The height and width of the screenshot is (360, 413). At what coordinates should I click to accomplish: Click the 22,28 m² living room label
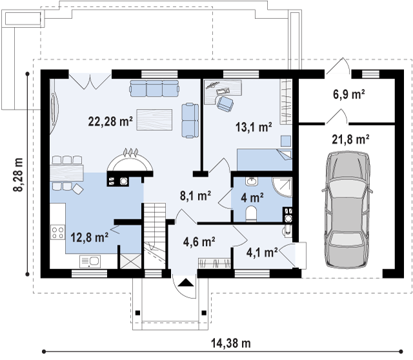(110, 121)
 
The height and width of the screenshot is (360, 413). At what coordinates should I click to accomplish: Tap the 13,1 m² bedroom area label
(254, 127)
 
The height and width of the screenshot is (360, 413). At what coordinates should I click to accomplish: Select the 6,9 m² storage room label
(349, 94)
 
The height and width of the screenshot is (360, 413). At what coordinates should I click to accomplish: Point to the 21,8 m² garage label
(350, 139)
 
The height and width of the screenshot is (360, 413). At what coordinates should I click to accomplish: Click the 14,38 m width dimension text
(231, 343)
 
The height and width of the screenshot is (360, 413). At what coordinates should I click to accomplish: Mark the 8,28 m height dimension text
(18, 175)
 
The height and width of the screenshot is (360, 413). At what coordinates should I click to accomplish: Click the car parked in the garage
(347, 210)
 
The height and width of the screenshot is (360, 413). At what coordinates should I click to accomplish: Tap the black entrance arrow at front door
(186, 283)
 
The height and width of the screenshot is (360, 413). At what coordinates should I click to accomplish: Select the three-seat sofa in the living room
(154, 88)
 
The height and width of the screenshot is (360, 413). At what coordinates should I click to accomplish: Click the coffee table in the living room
(154, 120)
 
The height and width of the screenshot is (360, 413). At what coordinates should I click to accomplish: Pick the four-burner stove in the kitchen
(57, 232)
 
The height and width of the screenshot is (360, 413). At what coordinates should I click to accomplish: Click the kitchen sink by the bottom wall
(90, 261)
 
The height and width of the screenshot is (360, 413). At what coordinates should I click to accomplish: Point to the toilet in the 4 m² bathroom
(251, 214)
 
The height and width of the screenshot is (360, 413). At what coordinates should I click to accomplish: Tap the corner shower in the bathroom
(282, 187)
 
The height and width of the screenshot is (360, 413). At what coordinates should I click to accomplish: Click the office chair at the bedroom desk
(225, 103)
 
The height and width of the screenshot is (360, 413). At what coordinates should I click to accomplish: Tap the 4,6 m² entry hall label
(199, 241)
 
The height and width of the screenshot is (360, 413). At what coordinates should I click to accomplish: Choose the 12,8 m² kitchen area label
(89, 237)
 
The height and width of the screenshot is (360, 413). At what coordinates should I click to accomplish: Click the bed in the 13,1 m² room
(265, 159)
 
